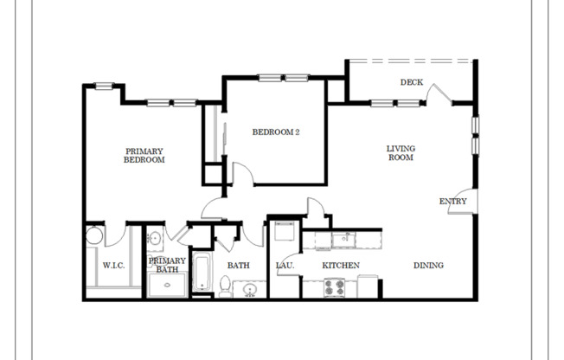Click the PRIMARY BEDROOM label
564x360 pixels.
[x=144, y=155]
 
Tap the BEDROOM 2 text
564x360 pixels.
[x=275, y=132]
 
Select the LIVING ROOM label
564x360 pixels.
[x=400, y=153]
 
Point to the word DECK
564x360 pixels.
[x=411, y=83]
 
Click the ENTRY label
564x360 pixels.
[x=452, y=202]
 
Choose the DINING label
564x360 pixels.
[x=427, y=266]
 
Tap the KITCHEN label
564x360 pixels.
[x=341, y=266]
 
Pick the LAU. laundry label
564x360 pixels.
[x=285, y=266]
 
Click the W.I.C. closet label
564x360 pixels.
[x=114, y=266]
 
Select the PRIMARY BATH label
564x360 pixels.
[x=167, y=266]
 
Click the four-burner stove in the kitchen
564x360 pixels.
[x=334, y=286]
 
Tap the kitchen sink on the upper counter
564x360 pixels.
[x=343, y=237]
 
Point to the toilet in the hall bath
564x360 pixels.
[x=225, y=286]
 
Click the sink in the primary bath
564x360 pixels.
[x=155, y=239]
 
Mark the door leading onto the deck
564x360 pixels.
[x=439, y=94]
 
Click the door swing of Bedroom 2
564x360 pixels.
[x=242, y=173]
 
